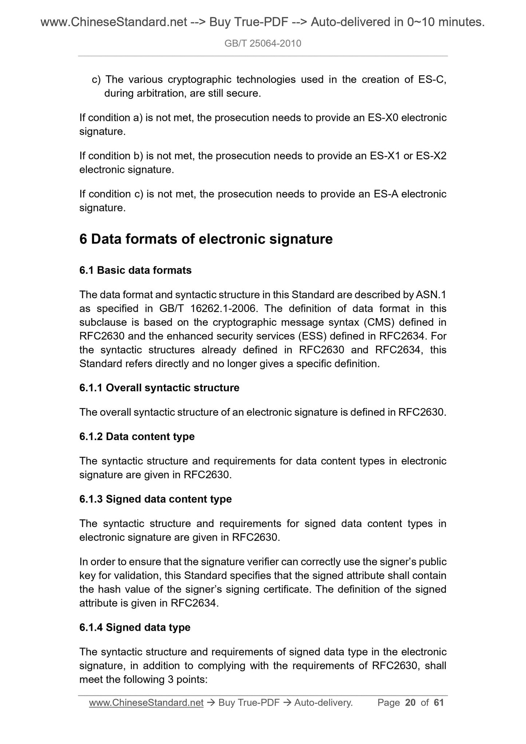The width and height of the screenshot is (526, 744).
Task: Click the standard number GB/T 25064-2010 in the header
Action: [263, 44]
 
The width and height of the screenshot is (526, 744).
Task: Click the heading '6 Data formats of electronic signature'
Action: [206, 239]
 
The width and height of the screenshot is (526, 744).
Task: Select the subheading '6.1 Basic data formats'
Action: [135, 270]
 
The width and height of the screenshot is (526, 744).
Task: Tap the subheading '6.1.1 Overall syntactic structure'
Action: [159, 388]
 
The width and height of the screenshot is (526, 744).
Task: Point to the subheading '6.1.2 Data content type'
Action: [137, 436]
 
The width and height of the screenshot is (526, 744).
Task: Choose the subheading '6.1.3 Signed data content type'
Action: [155, 499]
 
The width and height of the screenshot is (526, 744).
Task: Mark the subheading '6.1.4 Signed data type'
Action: [135, 627]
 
